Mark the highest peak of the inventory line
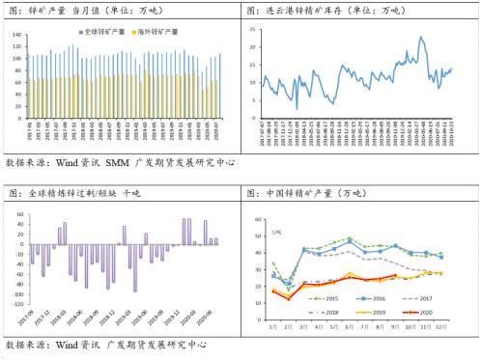coord(421,37)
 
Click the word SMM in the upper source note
coord(116,165)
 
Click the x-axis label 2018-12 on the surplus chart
coord(108,318)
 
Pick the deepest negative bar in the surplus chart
coord(134,291)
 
